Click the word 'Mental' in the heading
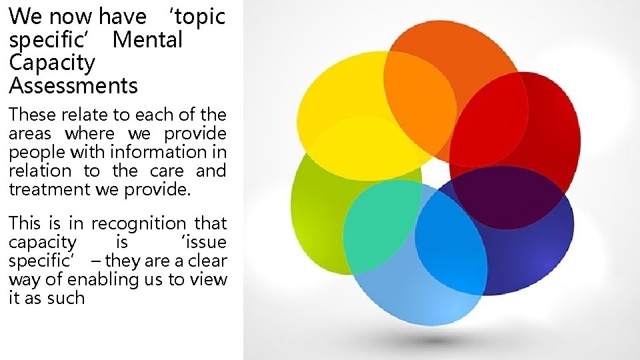[x=147, y=40]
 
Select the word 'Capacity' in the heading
[x=52, y=63]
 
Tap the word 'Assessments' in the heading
[x=73, y=86]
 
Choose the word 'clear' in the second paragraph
[x=205, y=261]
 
